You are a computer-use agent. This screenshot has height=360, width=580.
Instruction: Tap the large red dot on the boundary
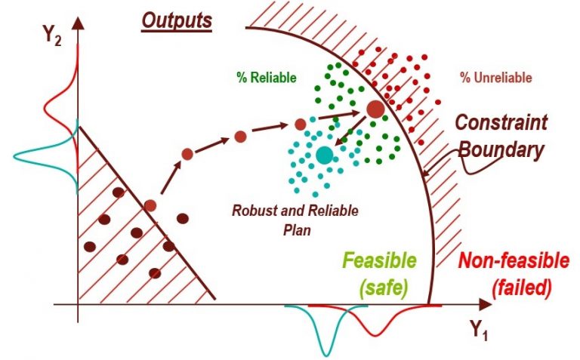(375, 109)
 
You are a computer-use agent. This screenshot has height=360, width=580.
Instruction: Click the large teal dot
(325, 155)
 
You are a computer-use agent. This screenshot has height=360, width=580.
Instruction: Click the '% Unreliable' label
(495, 78)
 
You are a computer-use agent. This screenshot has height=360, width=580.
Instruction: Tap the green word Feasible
(380, 261)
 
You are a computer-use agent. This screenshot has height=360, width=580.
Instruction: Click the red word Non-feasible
(514, 261)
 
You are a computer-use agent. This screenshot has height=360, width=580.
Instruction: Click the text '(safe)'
(384, 288)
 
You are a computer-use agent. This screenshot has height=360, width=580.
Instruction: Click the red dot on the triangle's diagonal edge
(150, 205)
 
